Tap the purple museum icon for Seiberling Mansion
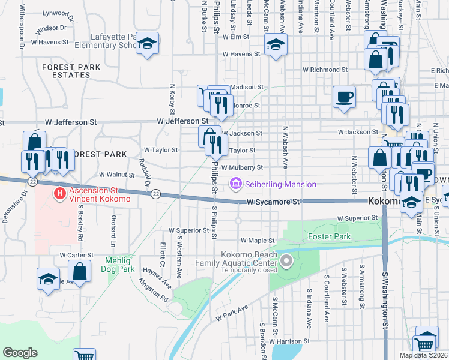click(235, 184)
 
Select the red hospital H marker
click(59, 193)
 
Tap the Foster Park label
click(329, 236)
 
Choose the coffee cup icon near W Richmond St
click(345, 97)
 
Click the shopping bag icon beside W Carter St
click(79, 271)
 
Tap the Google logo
click(20, 353)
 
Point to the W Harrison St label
click(286, 341)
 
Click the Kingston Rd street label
click(152, 289)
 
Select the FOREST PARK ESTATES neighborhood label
click(71, 70)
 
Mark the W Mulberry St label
click(242, 168)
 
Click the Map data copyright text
click(424, 355)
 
